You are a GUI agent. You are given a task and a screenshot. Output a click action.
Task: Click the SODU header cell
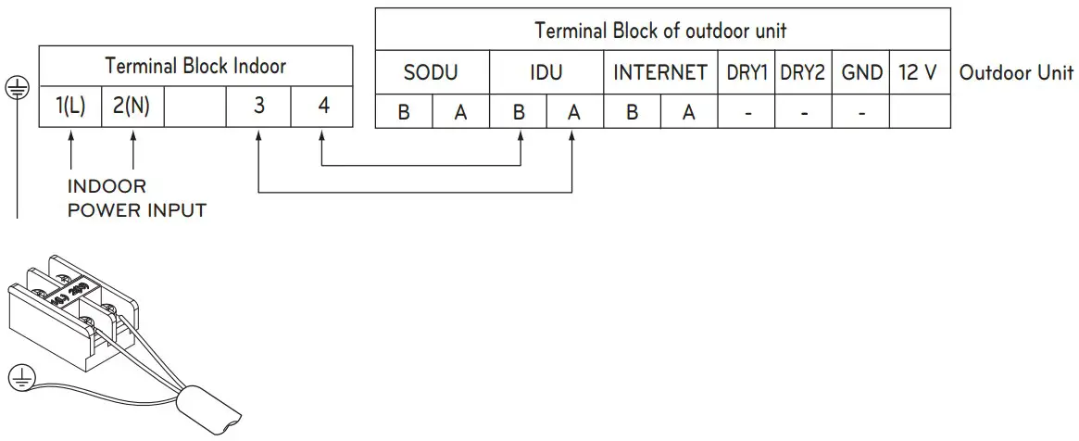coord(431,72)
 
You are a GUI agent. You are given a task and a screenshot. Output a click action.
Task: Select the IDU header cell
coord(546,72)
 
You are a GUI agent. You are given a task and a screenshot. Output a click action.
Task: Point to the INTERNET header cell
coord(660,72)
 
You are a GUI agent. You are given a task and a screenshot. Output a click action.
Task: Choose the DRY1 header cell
coord(747,72)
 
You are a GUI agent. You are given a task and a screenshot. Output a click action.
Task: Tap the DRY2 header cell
coord(803,72)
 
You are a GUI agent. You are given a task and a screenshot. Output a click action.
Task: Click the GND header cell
coord(860,72)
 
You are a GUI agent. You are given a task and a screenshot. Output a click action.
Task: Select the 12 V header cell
coord(918,72)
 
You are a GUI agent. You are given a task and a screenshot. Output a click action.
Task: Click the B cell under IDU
coord(518,112)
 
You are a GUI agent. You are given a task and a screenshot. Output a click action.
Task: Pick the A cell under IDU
coord(574,112)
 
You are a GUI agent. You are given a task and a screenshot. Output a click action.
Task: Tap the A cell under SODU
coord(460,112)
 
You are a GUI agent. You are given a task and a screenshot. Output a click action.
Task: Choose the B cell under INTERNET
coord(632,112)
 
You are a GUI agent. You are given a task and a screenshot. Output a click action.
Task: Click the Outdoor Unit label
coord(1016,73)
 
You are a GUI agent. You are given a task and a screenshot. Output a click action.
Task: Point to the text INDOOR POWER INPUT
coord(136,199)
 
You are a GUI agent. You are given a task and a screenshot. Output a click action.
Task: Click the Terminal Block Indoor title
coord(195,67)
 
